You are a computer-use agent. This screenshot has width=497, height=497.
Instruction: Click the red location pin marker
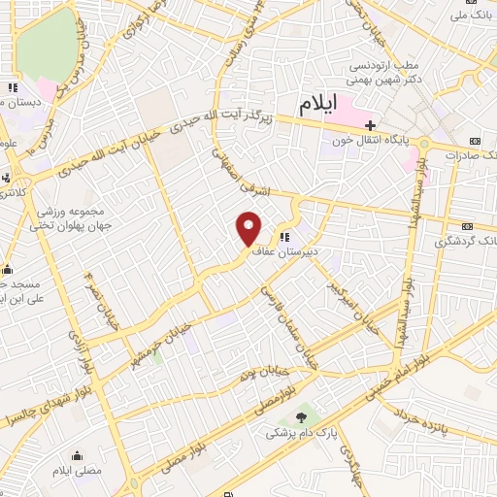[249, 228]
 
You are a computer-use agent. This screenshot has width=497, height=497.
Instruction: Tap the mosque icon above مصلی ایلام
[77, 455]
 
